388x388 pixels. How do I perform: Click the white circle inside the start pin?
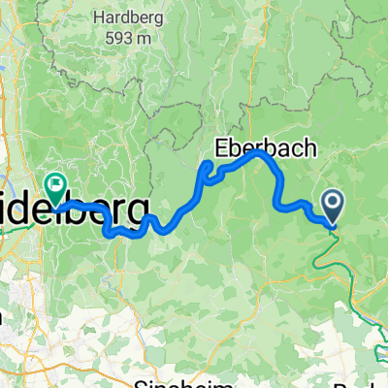point(332,203)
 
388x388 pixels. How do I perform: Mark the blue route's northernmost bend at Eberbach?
point(258,152)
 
